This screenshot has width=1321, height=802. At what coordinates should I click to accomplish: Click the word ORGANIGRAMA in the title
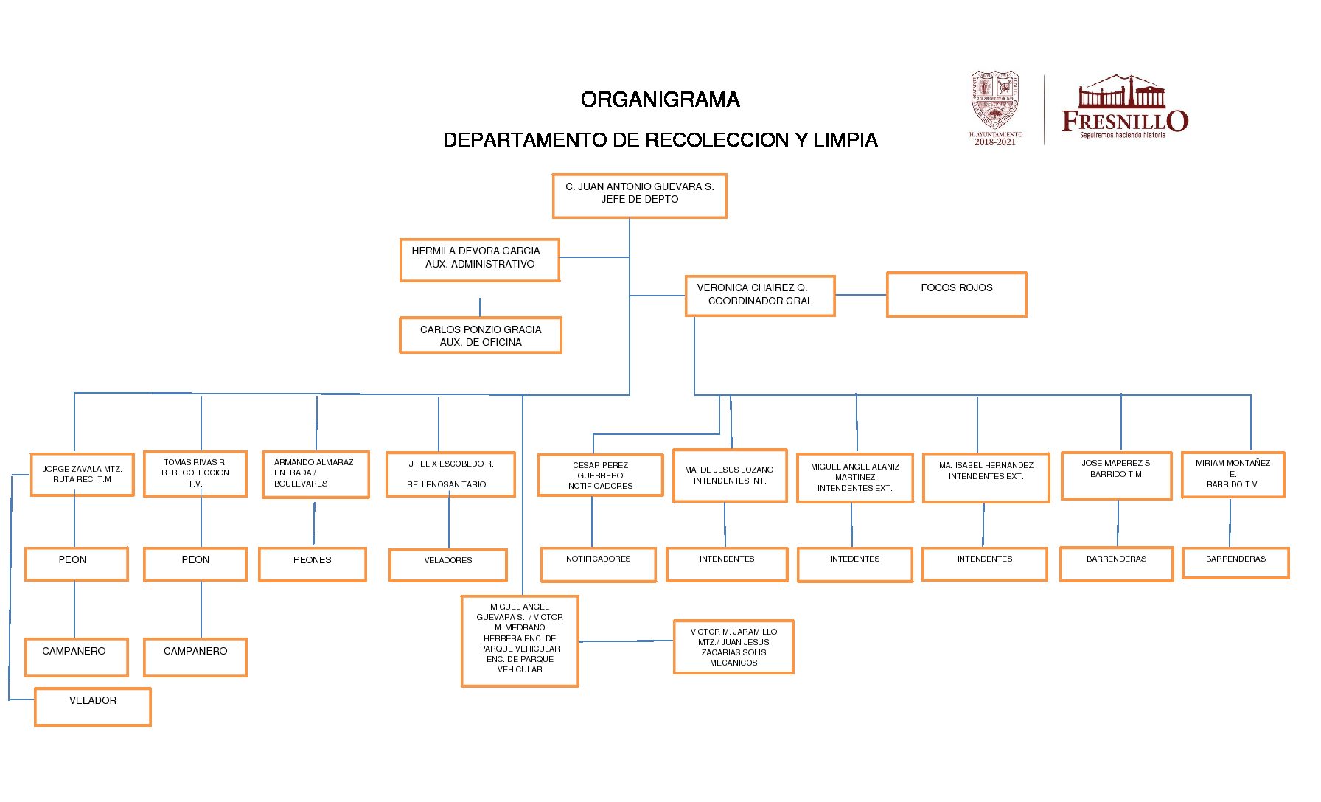(660, 100)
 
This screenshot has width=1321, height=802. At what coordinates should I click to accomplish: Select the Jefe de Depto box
(639, 195)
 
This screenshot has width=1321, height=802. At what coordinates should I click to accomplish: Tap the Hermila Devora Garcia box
(479, 259)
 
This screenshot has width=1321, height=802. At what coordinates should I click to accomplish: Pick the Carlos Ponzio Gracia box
(480, 335)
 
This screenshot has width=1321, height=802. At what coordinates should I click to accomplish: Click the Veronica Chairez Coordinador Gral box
(759, 295)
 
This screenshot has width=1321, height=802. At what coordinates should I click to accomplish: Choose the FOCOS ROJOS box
(956, 294)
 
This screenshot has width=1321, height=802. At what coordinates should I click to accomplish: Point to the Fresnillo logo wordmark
(1124, 120)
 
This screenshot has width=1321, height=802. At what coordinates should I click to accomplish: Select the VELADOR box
(92, 706)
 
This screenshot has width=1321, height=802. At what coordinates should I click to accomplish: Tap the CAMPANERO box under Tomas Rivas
(195, 657)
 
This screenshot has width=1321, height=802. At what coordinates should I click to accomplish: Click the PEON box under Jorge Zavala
(75, 564)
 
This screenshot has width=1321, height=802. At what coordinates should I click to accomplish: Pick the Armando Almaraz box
(316, 474)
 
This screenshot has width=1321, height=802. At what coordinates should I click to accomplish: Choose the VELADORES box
(447, 565)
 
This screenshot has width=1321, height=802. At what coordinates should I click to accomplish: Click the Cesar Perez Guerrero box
(600, 475)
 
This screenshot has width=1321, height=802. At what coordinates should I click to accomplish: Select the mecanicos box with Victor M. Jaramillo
(733, 647)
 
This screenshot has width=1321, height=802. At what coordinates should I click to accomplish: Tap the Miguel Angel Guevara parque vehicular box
(520, 641)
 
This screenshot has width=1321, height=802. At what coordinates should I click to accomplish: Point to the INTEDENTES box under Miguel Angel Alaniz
(854, 564)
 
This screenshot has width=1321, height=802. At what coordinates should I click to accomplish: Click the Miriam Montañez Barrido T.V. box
(1233, 475)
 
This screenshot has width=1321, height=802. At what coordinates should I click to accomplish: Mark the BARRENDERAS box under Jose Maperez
(1116, 564)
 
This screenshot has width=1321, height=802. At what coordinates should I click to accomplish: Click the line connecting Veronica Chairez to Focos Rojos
(860, 295)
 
